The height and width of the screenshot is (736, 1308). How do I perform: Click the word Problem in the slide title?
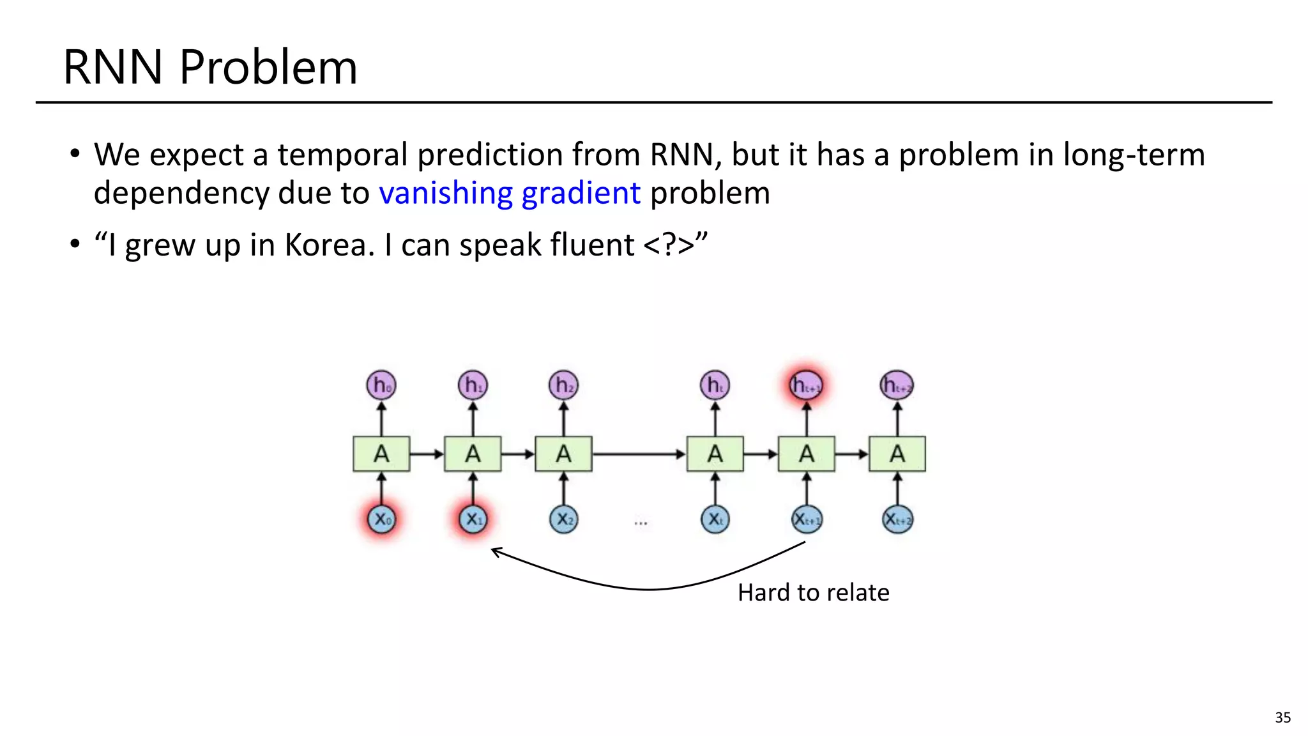point(268,68)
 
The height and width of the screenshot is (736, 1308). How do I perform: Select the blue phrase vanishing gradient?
point(510,193)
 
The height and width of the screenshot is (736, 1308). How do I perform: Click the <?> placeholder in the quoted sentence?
point(668,245)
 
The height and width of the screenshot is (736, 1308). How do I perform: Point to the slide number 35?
point(1282,717)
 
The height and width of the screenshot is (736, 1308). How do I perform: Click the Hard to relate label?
point(813,593)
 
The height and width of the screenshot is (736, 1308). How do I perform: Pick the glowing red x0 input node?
point(381,519)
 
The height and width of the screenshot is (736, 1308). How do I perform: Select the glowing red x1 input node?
point(473,519)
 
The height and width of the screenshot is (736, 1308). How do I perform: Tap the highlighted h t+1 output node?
point(806,385)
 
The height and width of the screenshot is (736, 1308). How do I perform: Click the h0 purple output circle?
point(381,385)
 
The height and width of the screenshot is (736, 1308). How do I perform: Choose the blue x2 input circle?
point(563,519)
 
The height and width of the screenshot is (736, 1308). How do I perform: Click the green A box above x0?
point(381,454)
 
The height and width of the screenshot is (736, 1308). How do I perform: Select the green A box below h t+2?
point(897,454)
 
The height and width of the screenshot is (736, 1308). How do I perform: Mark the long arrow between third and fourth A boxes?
point(639,454)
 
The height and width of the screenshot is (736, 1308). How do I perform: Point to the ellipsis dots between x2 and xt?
point(641,523)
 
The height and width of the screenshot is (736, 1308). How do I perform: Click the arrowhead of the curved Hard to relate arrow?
point(494,551)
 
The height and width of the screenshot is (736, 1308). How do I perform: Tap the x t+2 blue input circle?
point(897,519)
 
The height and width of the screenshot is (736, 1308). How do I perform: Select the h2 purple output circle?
point(563,385)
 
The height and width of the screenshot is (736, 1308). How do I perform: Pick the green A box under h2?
point(563,454)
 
